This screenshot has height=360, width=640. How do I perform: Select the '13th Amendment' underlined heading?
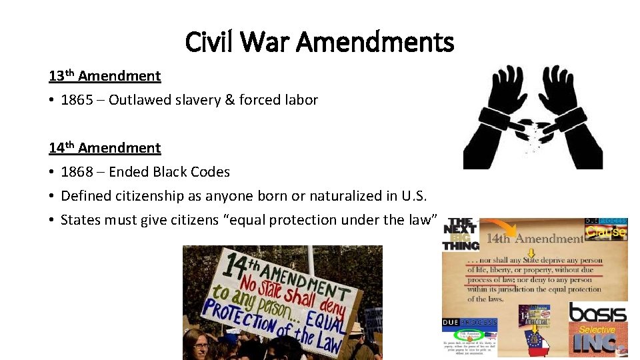[x=105, y=75]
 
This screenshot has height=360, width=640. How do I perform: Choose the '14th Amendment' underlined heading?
[x=105, y=147]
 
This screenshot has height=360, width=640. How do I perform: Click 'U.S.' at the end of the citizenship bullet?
[x=412, y=196]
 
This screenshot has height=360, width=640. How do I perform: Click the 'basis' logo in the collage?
[x=597, y=312]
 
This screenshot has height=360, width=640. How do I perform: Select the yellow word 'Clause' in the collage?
[x=606, y=232]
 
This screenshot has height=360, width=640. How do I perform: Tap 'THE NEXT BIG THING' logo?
[x=460, y=234]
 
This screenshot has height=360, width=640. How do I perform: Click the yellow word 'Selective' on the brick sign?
[x=597, y=329]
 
